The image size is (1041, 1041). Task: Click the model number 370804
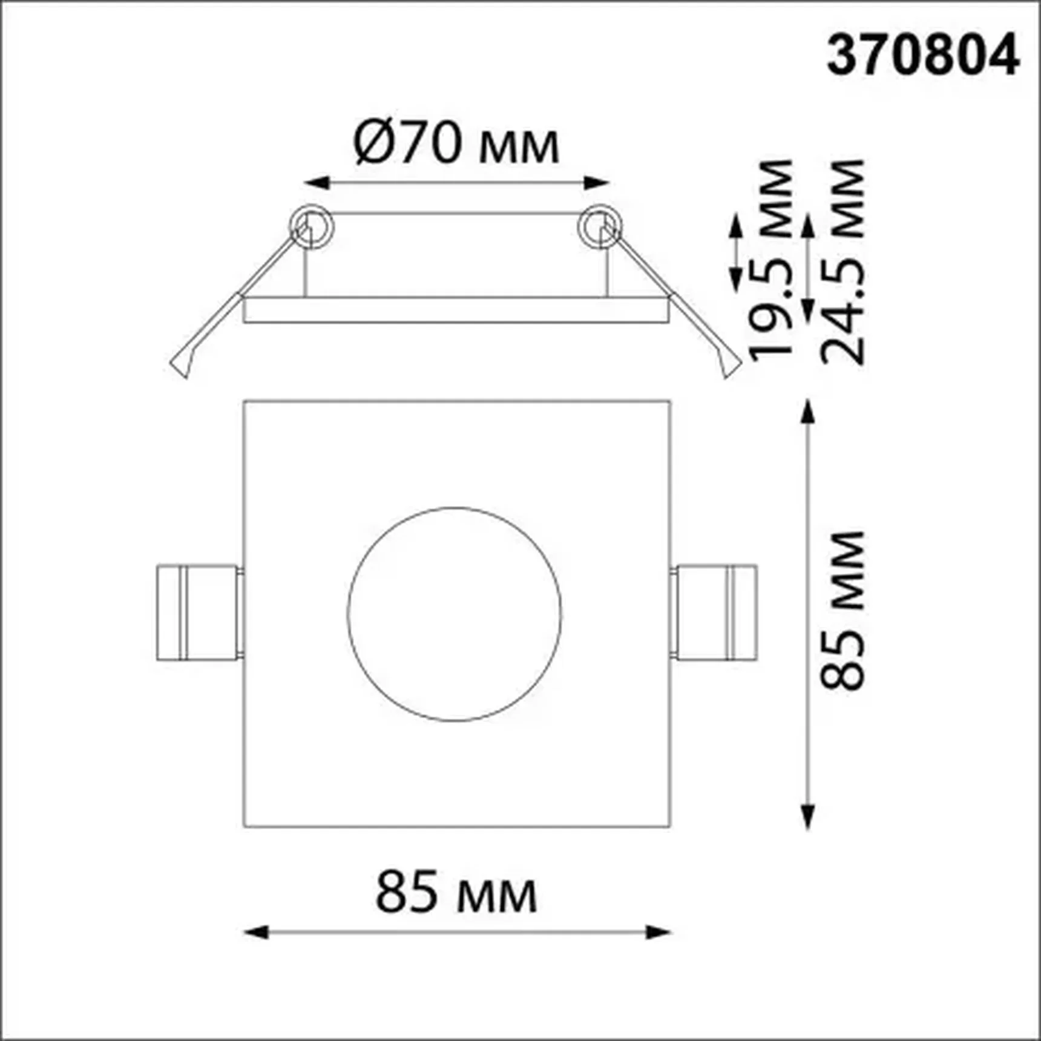(x=922, y=56)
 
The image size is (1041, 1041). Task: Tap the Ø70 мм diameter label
(x=456, y=144)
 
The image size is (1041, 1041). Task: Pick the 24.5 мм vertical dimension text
(x=843, y=261)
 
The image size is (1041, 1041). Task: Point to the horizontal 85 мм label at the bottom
(x=456, y=893)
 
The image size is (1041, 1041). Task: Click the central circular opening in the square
(x=455, y=614)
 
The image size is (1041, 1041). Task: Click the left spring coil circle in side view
(x=311, y=227)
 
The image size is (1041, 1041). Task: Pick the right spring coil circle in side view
(x=600, y=227)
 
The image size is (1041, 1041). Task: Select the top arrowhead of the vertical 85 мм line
(x=807, y=410)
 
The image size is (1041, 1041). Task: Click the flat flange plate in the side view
(x=456, y=310)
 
